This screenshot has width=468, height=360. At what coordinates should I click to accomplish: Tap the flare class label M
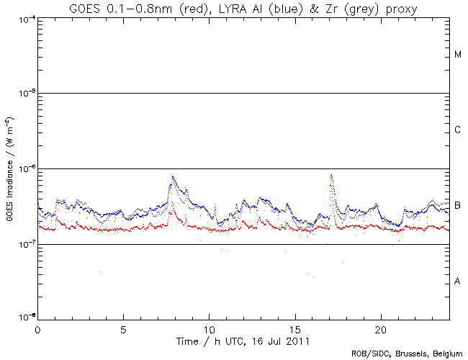(x=458, y=55)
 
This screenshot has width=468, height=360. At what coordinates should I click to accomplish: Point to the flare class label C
(x=458, y=130)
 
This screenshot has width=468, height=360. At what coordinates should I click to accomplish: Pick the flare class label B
(x=458, y=206)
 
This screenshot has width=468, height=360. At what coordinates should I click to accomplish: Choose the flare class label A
(x=458, y=281)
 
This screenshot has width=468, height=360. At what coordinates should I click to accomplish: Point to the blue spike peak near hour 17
(x=331, y=175)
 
